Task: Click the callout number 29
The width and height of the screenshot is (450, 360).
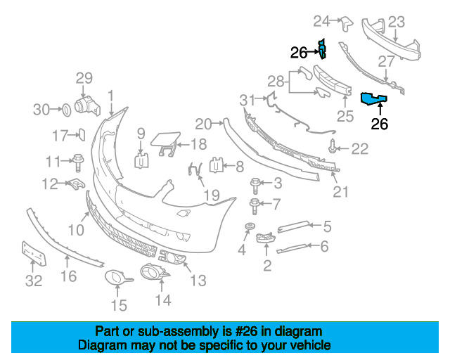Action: pos(84,77)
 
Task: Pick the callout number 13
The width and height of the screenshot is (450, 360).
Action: pos(198,281)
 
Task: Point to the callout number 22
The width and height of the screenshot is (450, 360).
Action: pos(360,148)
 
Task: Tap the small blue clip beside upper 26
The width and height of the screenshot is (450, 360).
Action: pos(322,49)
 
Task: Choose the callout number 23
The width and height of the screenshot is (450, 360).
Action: pos(397,21)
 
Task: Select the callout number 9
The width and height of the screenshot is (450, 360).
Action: pos(141,132)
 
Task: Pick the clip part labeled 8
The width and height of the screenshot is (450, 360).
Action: pos(217,166)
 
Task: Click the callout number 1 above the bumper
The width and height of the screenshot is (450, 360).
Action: pos(110,94)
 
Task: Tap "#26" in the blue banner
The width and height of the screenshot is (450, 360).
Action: pos(252,331)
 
